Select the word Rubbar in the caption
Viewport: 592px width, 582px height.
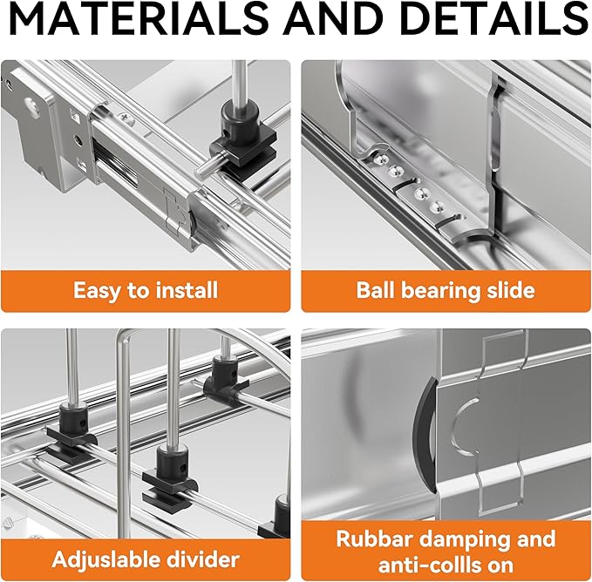375,538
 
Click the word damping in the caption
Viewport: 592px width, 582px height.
466,540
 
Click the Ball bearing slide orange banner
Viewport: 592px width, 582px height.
446,291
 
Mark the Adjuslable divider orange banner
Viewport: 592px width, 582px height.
146,559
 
